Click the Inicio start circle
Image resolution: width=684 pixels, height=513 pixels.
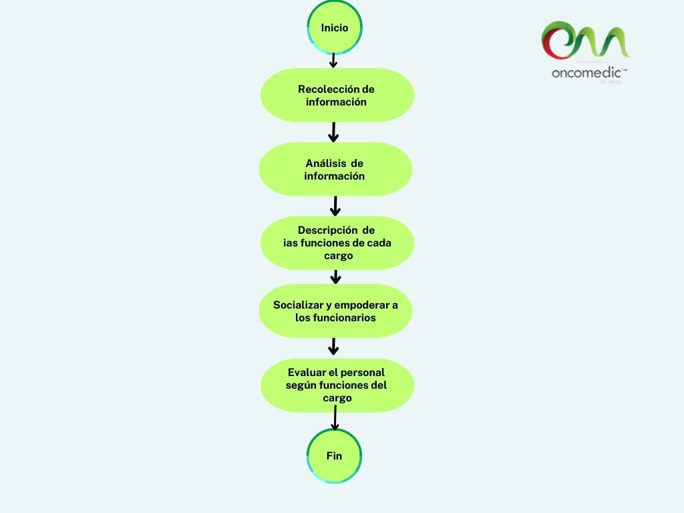[334, 28]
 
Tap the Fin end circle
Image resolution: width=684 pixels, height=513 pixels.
[334, 456]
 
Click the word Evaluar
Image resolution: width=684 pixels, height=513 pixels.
[309, 372]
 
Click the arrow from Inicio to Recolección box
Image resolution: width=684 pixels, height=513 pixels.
[334, 61]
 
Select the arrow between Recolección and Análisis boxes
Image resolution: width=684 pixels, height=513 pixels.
[334, 132]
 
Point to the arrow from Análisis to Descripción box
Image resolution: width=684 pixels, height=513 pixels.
[335, 206]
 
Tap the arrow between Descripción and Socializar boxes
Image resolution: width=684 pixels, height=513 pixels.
[336, 277]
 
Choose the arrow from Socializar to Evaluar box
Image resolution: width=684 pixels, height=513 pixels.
[335, 347]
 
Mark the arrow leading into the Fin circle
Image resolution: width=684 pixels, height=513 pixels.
[335, 419]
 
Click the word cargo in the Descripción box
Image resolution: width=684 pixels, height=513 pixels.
[337, 256]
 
